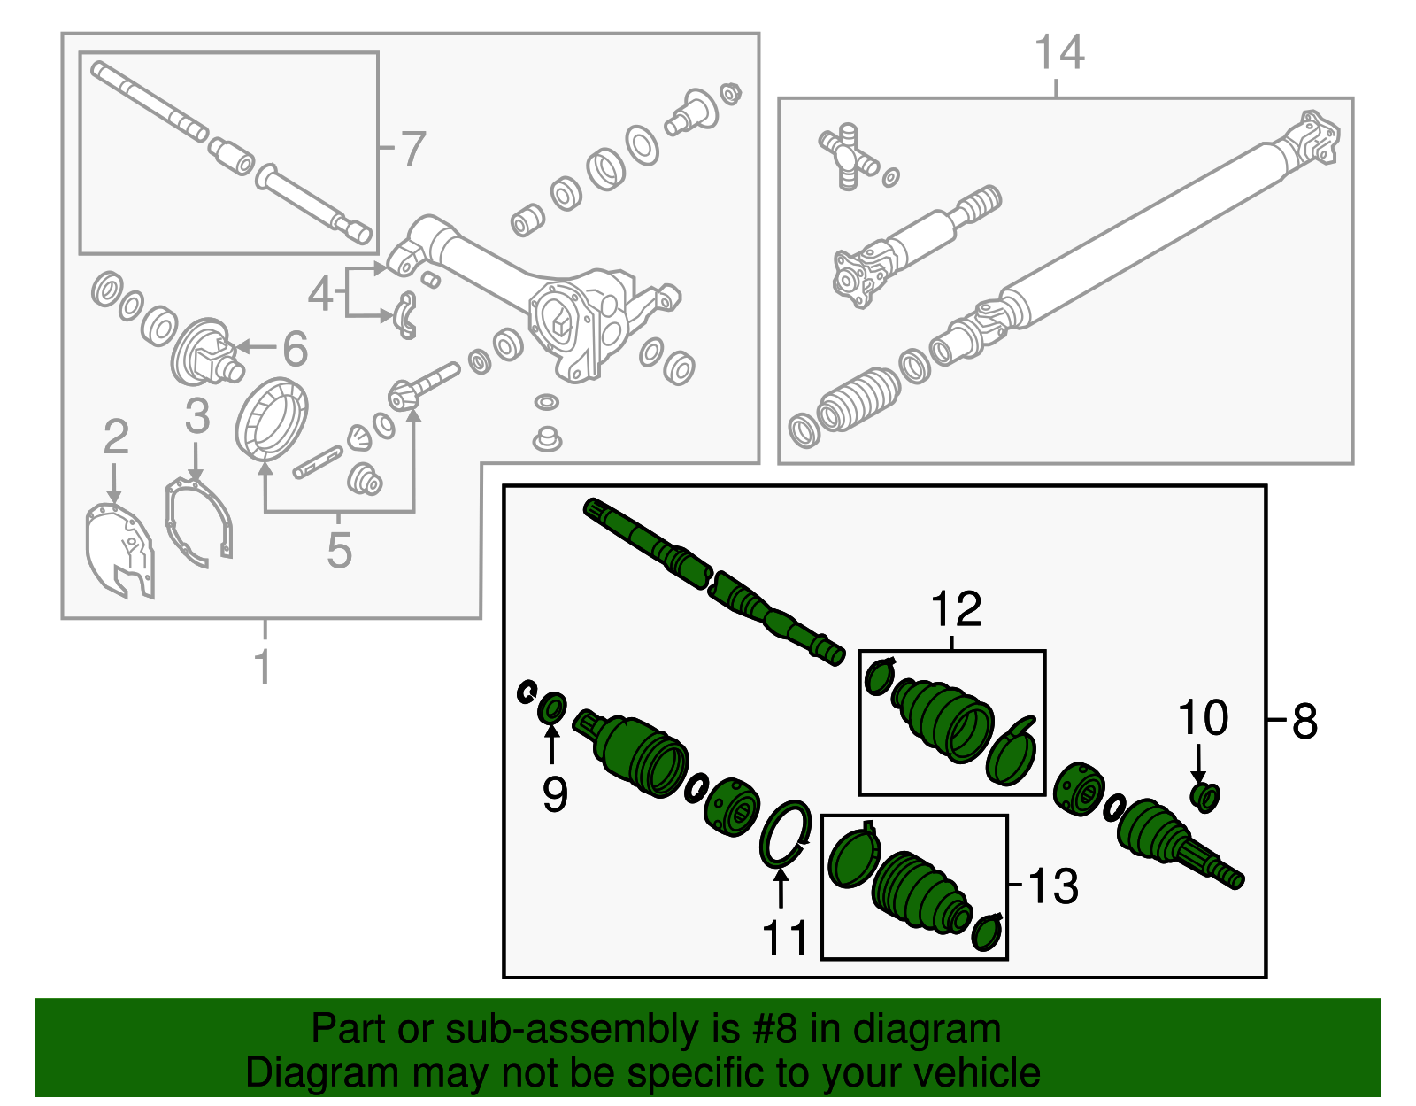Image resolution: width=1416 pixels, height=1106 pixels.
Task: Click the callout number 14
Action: pyautogui.click(x=1058, y=53)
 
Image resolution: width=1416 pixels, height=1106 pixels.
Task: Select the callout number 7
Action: pyautogui.click(x=412, y=149)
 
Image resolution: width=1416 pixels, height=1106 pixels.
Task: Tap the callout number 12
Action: pyautogui.click(x=956, y=609)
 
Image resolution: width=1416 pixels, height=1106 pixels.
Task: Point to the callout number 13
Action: pyautogui.click(x=1052, y=886)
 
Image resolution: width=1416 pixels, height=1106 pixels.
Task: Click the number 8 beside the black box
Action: pyautogui.click(x=1304, y=722)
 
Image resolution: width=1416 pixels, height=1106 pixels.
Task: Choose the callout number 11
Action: pyautogui.click(x=785, y=938)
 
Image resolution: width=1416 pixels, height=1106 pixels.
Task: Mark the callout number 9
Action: pyautogui.click(x=555, y=793)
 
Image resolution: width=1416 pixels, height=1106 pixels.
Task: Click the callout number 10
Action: pyautogui.click(x=1203, y=717)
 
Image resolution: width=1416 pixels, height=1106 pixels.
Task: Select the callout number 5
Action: pyautogui.click(x=339, y=550)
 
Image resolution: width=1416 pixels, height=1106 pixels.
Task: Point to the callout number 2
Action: pyautogui.click(x=116, y=437)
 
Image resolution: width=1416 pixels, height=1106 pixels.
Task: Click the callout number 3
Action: pyautogui.click(x=196, y=416)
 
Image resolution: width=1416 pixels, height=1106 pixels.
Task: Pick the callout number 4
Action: pyautogui.click(x=319, y=293)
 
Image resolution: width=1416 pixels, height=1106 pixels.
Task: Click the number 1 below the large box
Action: pyautogui.click(x=263, y=667)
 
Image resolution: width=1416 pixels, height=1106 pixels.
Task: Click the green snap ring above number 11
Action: pyautogui.click(x=785, y=831)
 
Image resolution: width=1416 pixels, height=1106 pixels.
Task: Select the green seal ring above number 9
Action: pyautogui.click(x=552, y=708)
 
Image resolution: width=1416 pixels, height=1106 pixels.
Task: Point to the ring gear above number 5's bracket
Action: pyautogui.click(x=273, y=419)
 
